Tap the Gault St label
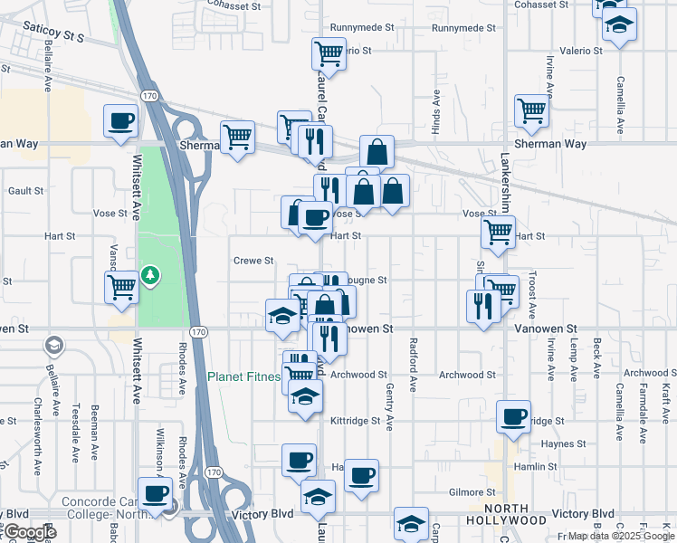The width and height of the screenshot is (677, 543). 25,191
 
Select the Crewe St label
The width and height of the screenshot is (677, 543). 253,261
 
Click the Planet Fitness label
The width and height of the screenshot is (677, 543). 243,376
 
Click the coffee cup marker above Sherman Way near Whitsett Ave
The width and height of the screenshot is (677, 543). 120,120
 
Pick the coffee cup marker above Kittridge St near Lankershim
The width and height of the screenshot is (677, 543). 514,417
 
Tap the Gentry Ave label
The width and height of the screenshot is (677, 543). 391,411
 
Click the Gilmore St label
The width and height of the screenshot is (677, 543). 472,492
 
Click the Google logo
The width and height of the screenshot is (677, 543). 29,532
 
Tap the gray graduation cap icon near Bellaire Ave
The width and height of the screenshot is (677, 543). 55,345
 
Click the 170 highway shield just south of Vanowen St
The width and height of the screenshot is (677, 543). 199,333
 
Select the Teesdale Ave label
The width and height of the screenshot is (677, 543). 76,432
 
